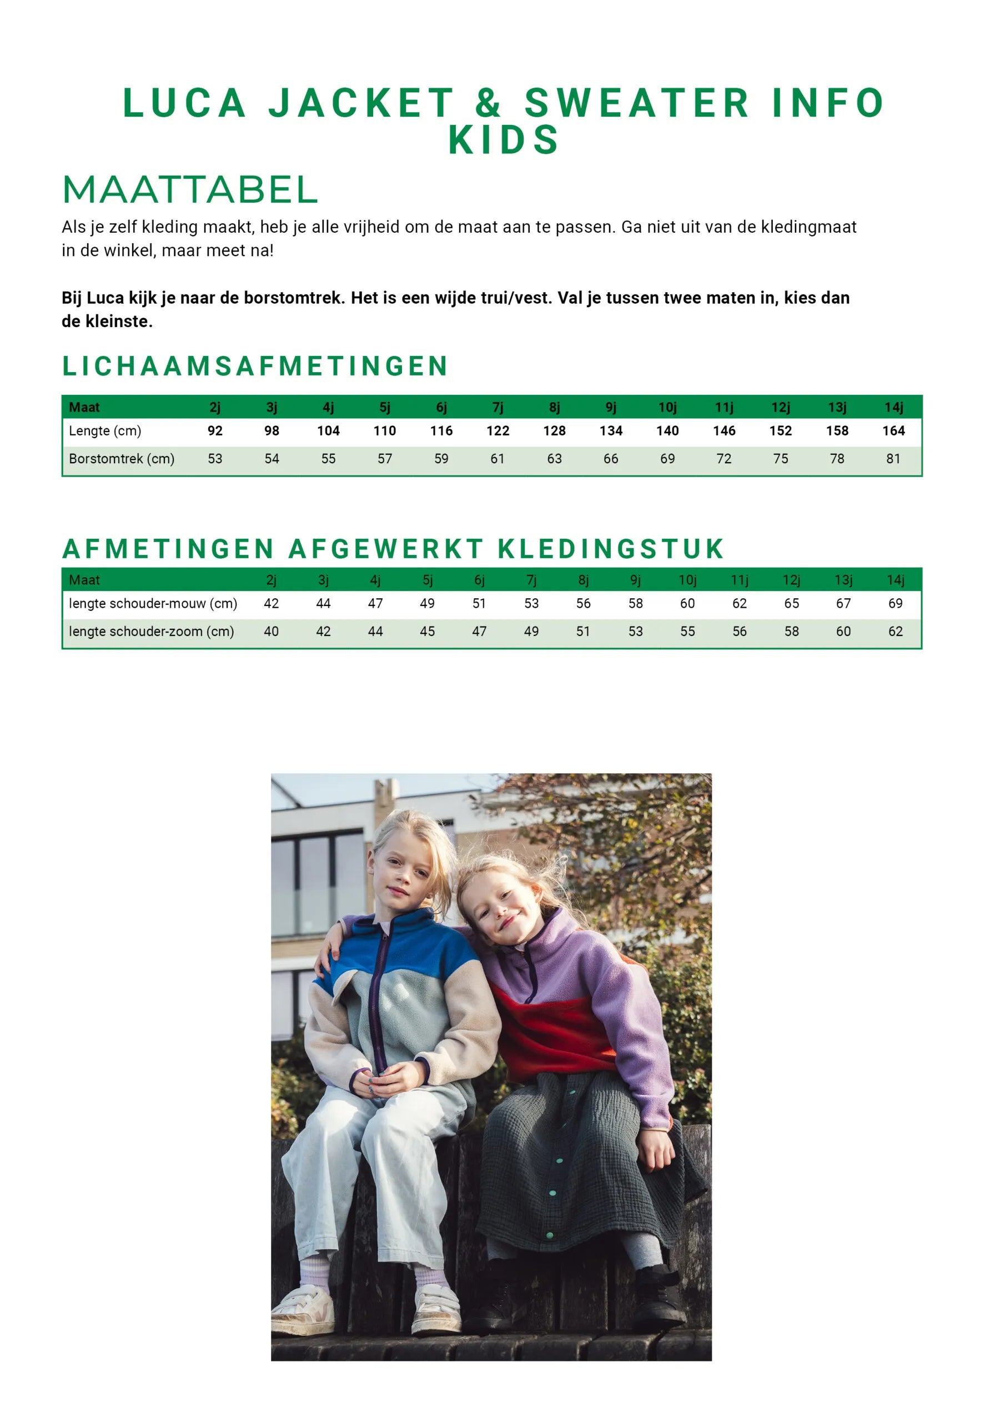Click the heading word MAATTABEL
[x=190, y=189]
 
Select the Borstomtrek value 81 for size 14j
[x=893, y=459]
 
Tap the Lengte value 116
[x=441, y=431]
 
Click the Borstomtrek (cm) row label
[x=122, y=459]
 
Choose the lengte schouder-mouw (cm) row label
[x=152, y=604]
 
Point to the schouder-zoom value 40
[x=271, y=632]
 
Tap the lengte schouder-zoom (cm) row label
[x=151, y=632]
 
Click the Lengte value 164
[x=893, y=431]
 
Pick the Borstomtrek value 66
[x=611, y=459]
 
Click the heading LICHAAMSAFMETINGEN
[x=254, y=366]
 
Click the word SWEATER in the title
[x=637, y=103]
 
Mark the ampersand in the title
[x=488, y=103]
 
